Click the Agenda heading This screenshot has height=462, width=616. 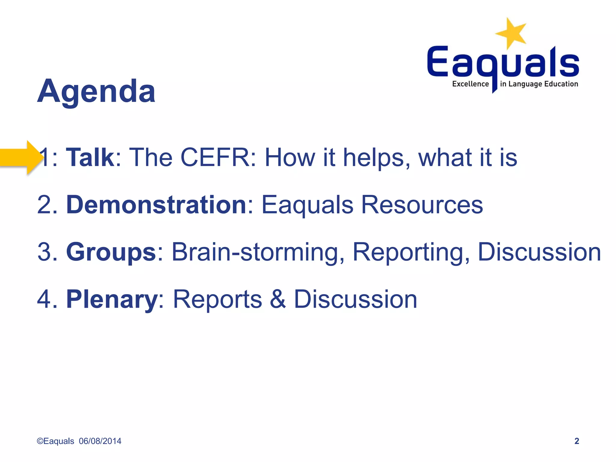tap(96, 91)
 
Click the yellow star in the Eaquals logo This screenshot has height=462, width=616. tap(511, 33)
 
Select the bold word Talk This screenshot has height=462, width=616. tap(90, 157)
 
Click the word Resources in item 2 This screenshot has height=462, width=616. tap(422, 205)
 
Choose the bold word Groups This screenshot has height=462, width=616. tap(111, 252)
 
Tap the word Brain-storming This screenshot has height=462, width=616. tap(258, 252)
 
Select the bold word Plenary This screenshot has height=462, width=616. tap(112, 299)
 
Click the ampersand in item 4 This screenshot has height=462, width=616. tap(277, 299)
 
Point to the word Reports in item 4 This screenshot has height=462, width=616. tap(217, 299)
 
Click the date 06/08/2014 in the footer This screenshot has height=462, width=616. tap(100, 441)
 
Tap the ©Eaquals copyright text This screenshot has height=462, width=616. tap(55, 441)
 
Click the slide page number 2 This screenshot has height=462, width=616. tap(576, 441)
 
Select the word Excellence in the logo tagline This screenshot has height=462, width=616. tap(470, 84)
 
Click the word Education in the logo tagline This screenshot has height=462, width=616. tap(561, 84)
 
